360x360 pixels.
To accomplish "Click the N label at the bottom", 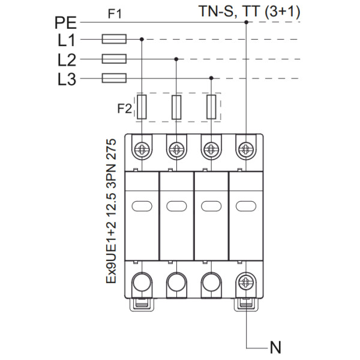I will tap(275, 347).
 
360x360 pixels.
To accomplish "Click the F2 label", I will tap(124, 109).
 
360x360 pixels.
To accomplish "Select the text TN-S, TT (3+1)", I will tap(250, 10).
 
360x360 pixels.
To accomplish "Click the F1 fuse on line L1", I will tap(114, 40).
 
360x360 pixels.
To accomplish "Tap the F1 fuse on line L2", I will tap(114, 59).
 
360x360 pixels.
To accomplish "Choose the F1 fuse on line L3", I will tap(114, 78).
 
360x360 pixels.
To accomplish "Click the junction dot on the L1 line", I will tap(142, 40).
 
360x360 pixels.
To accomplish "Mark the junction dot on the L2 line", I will tap(176, 59).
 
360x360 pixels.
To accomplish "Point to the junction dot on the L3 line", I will tap(211, 78).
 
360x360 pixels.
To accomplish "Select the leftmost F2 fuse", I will tap(142, 107).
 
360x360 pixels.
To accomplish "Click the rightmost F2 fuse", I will tap(211, 107).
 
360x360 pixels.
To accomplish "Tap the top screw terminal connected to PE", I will tap(245, 148).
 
